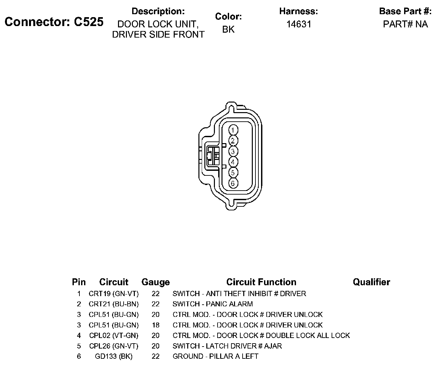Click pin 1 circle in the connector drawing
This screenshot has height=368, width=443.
(x=233, y=130)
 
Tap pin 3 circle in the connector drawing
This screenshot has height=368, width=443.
(x=233, y=151)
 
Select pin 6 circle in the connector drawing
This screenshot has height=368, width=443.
(x=233, y=183)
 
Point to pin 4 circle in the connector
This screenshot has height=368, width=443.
(x=233, y=162)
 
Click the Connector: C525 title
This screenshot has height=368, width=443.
(x=54, y=22)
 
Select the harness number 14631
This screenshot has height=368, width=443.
(x=299, y=24)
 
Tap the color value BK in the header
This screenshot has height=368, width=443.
(x=228, y=29)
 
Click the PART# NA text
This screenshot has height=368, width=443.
(x=405, y=24)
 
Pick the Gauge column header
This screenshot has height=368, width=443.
(x=156, y=282)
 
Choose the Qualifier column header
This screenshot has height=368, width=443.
(x=371, y=282)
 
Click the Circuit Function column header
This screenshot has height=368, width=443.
(x=261, y=282)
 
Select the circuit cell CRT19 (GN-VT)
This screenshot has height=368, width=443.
(x=114, y=293)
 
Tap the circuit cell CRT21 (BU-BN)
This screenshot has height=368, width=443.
(x=114, y=304)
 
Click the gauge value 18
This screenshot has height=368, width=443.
(x=156, y=325)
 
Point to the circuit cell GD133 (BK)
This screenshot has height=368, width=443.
(x=114, y=356)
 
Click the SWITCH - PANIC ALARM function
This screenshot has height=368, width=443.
(x=213, y=304)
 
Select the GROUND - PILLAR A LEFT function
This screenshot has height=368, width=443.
(x=215, y=356)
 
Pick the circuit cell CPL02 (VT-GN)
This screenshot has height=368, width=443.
(x=114, y=336)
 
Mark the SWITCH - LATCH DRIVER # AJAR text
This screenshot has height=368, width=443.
(x=227, y=346)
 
